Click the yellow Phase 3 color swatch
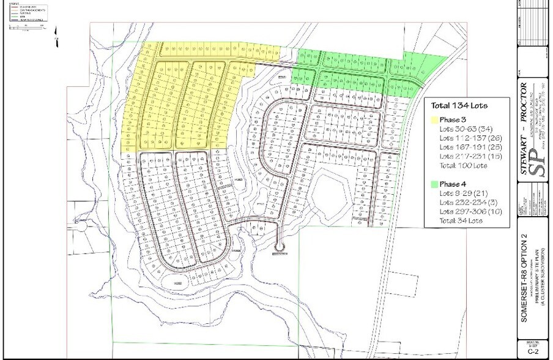(x=434, y=120)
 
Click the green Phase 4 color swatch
(x=434, y=184)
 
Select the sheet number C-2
(x=530, y=352)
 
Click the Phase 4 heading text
(x=454, y=184)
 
